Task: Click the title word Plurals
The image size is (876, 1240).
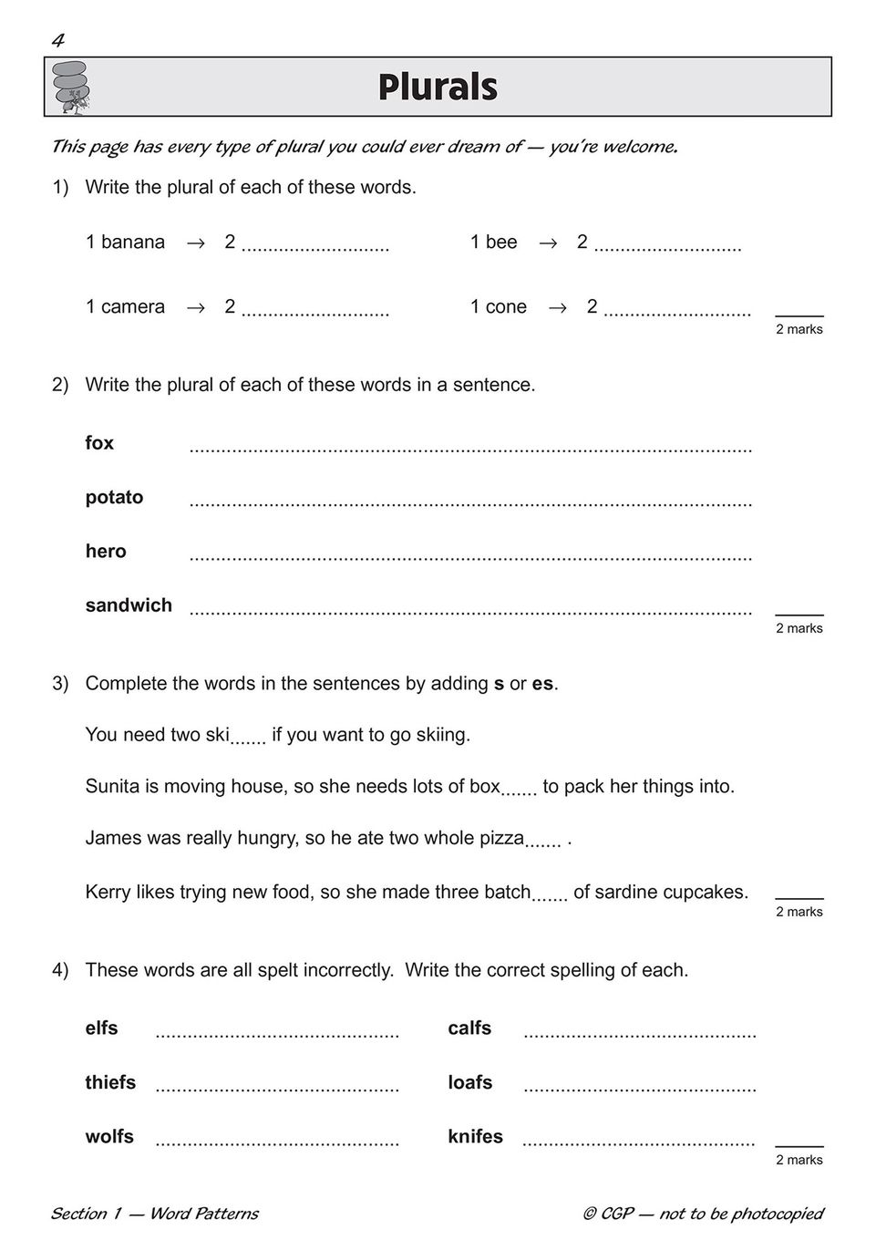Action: (x=438, y=88)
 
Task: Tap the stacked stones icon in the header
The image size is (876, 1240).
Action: (x=71, y=87)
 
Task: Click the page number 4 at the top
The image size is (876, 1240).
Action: (x=58, y=40)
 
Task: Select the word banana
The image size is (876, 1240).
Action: (x=133, y=242)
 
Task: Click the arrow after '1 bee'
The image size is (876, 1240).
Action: (x=548, y=243)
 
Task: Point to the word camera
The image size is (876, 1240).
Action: (x=133, y=306)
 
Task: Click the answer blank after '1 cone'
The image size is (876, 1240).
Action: (x=677, y=310)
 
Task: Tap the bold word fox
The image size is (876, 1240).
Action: (x=99, y=443)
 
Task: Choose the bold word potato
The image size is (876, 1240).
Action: (x=114, y=497)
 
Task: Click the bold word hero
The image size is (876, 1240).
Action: (x=106, y=551)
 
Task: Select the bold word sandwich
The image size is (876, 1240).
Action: (x=129, y=605)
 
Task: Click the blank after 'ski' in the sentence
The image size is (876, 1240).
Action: (x=248, y=739)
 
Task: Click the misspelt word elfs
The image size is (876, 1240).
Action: (x=101, y=1028)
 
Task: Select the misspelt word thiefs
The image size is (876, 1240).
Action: (x=110, y=1082)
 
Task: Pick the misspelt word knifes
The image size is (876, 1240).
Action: (x=475, y=1136)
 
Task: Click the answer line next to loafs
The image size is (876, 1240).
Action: (x=640, y=1087)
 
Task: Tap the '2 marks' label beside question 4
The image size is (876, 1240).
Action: (x=799, y=1160)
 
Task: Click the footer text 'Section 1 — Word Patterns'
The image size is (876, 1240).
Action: (x=155, y=1214)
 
